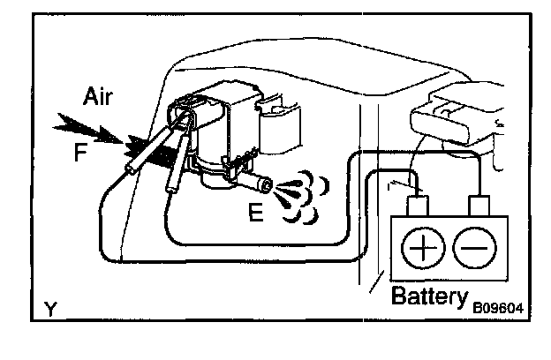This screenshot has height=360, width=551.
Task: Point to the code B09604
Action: coord(498,308)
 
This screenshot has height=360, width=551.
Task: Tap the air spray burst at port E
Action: coord(296,190)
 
